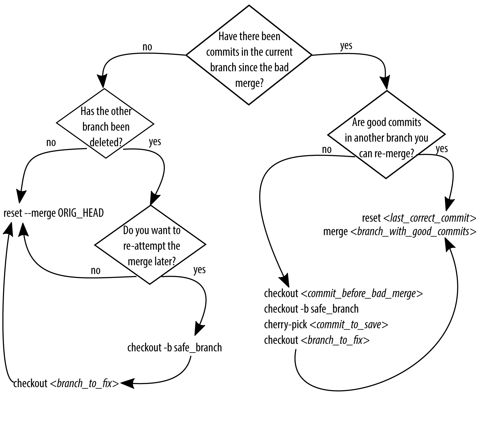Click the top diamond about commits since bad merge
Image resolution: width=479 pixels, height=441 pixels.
coord(249,55)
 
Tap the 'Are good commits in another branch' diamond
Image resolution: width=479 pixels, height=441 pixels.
coord(386,135)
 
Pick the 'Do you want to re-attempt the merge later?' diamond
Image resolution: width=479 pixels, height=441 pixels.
coord(150,245)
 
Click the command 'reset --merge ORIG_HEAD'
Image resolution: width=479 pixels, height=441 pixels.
coord(54,213)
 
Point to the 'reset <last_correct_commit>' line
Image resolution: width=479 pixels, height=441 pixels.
coord(419,218)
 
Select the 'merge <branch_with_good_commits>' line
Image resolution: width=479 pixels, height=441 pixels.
coord(400,231)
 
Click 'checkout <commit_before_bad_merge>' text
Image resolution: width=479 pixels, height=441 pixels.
coord(343,293)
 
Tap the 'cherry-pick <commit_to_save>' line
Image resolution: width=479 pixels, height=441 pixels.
coord(326,324)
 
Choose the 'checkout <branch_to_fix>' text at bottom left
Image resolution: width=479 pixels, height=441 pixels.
coord(66,383)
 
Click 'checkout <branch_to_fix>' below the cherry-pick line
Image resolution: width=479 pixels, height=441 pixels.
coord(317,340)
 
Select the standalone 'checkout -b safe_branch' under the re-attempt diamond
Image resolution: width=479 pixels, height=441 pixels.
coord(174,348)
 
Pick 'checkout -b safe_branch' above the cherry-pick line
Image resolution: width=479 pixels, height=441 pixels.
coord(311,309)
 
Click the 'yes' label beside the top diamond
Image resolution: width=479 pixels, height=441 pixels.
coord(346,46)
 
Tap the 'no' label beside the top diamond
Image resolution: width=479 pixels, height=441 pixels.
coord(147,47)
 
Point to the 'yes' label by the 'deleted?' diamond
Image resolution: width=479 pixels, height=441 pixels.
coord(155,142)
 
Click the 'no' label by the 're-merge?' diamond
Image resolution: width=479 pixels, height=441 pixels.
coord(326,149)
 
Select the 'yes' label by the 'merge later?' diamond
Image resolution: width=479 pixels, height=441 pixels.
coord(199,270)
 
